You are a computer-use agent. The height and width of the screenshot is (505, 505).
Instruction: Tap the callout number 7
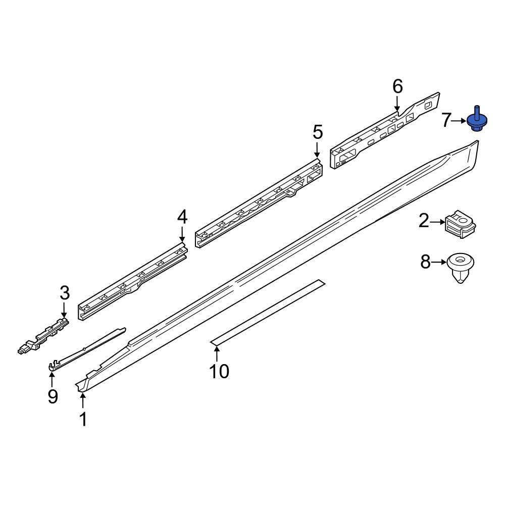point(446,121)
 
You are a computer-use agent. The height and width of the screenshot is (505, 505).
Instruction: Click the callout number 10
point(219,371)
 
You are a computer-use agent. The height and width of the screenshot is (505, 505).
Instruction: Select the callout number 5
point(317,132)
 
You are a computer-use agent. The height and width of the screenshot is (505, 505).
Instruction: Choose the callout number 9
point(53,396)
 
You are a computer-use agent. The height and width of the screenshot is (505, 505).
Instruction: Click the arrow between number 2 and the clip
point(437,221)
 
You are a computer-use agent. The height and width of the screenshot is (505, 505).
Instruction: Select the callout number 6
point(398,86)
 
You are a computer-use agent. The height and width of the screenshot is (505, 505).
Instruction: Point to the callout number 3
point(64,292)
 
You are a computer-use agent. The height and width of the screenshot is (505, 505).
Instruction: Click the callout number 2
point(424,221)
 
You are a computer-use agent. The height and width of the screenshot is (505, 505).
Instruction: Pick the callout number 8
point(426,262)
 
